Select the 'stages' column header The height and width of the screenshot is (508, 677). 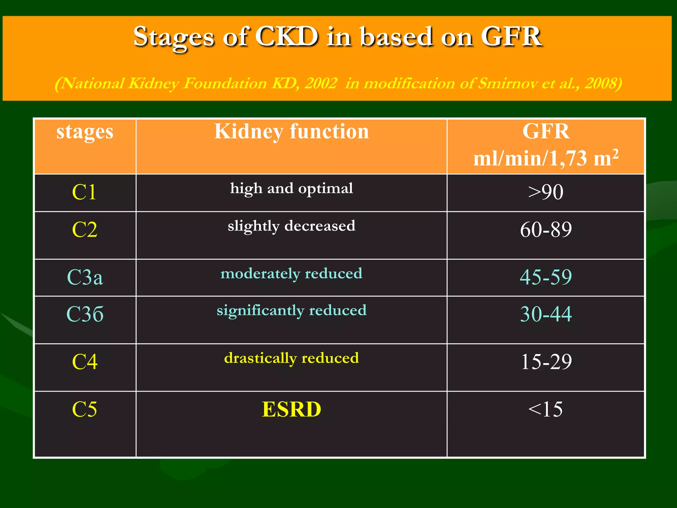pyautogui.click(x=85, y=132)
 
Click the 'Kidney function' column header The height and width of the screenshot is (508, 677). pyautogui.click(x=291, y=132)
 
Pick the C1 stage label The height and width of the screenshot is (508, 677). pyautogui.click(x=84, y=192)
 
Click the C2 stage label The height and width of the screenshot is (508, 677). pyautogui.click(x=85, y=230)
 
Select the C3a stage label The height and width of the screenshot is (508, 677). pyautogui.click(x=85, y=277)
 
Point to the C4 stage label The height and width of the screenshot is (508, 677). pyautogui.click(x=85, y=362)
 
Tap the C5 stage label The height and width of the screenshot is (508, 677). pyautogui.click(x=84, y=409)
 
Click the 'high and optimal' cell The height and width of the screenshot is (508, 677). pyautogui.click(x=291, y=189)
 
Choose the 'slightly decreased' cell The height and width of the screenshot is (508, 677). pyautogui.click(x=291, y=226)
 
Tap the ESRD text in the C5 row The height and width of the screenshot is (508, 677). pyautogui.click(x=291, y=409)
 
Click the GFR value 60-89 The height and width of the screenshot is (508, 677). pyautogui.click(x=545, y=230)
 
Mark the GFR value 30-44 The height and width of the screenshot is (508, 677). pyautogui.click(x=545, y=314)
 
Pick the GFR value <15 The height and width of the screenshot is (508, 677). pyautogui.click(x=545, y=409)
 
